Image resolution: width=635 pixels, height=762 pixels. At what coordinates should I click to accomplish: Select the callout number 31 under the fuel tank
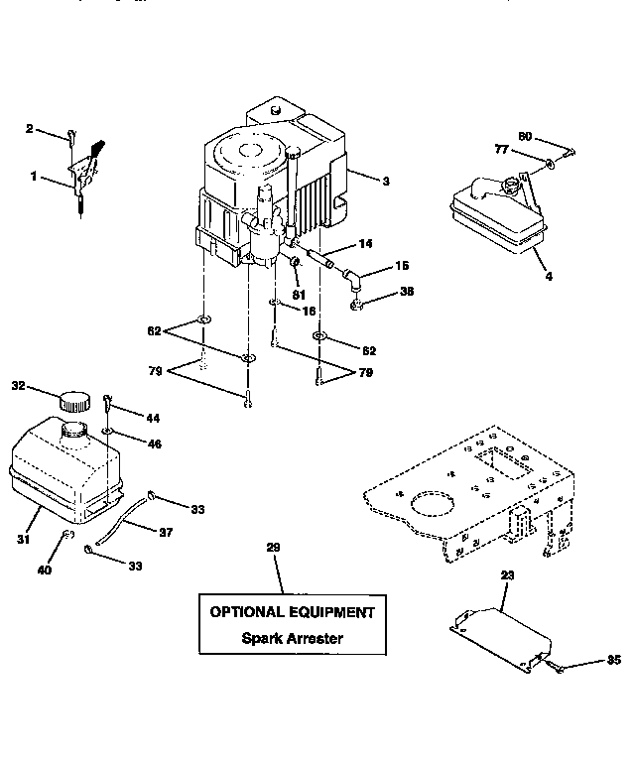pyautogui.click(x=22, y=540)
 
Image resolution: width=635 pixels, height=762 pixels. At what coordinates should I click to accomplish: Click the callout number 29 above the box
pyautogui.click(x=274, y=548)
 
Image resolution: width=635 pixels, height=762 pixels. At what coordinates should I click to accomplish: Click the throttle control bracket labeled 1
pyautogui.click(x=81, y=175)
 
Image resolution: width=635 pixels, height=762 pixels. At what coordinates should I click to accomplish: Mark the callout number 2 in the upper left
pyautogui.click(x=30, y=129)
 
